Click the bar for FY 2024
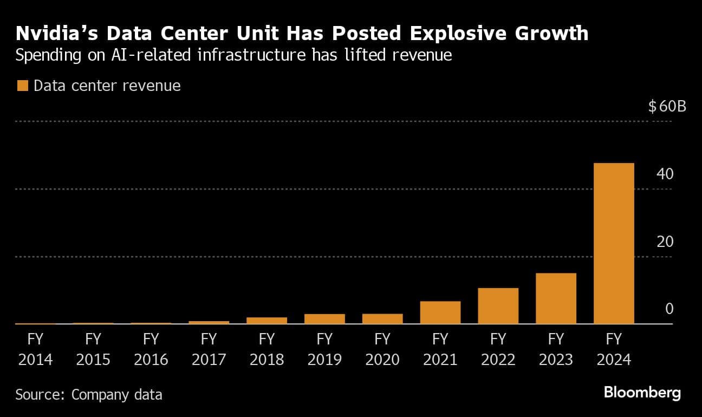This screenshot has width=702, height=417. (614, 243)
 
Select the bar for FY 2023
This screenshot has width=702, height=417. (556, 298)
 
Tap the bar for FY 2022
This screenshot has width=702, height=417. (498, 306)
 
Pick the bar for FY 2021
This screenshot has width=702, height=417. (440, 312)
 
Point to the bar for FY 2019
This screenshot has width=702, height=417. (324, 319)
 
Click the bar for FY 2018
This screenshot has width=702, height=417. (266, 321)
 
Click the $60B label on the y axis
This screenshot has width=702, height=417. (667, 106)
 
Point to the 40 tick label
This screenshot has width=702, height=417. (665, 174)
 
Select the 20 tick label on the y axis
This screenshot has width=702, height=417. (665, 242)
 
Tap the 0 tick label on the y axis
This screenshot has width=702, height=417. (669, 309)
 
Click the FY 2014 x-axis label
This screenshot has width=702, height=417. (35, 349)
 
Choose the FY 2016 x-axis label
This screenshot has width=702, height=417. (151, 349)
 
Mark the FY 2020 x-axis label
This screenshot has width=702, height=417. (382, 349)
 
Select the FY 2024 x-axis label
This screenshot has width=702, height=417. (614, 349)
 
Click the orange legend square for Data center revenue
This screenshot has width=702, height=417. (22, 86)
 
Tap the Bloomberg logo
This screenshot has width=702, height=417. (642, 393)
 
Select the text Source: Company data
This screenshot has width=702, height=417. (89, 394)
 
